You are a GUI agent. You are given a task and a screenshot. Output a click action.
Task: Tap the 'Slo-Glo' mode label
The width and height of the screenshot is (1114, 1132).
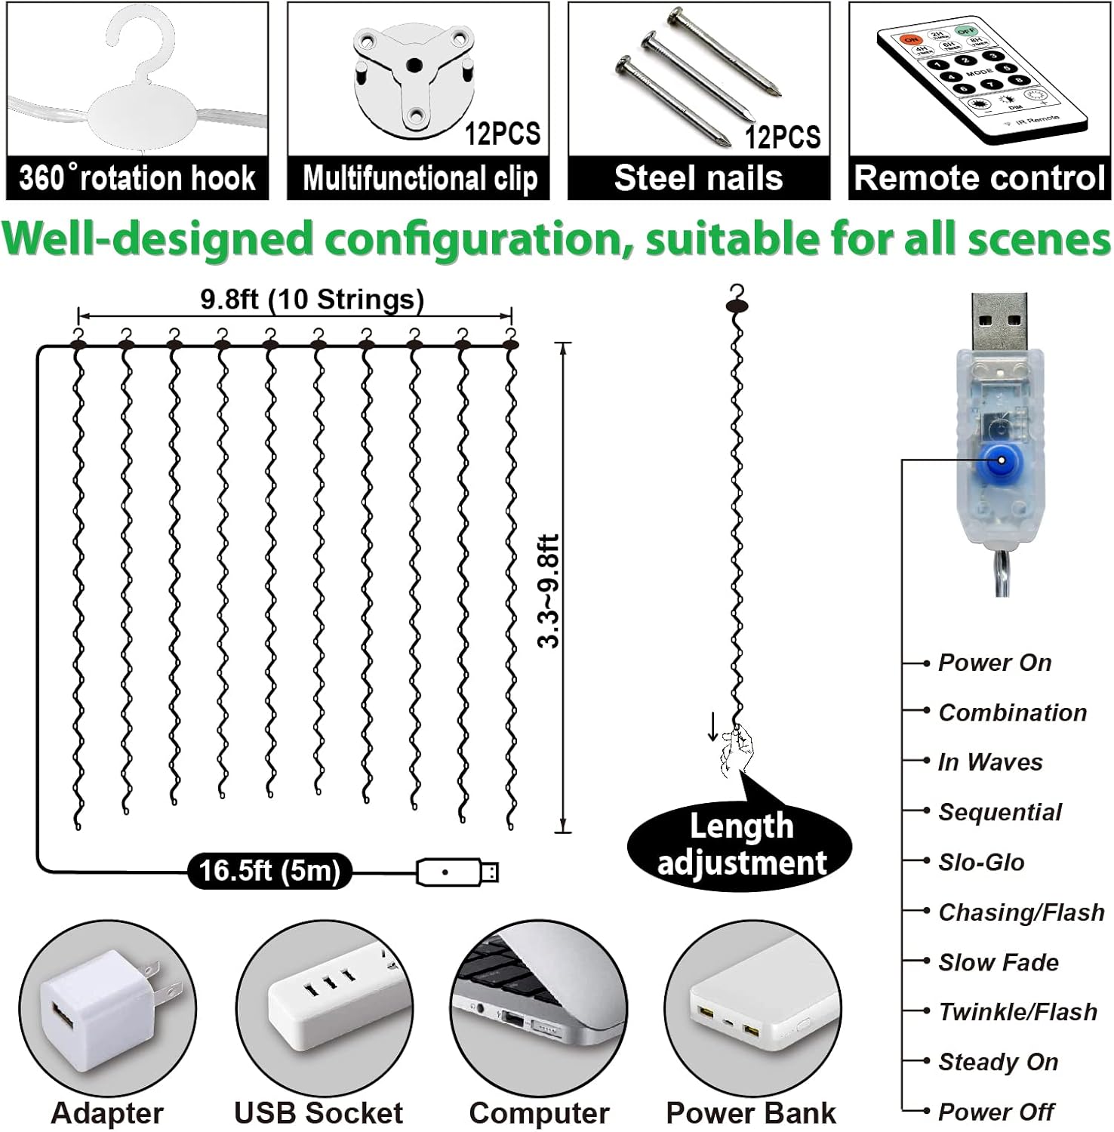pyautogui.click(x=981, y=862)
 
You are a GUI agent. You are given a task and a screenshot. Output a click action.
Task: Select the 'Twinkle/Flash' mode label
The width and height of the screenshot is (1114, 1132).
pyautogui.click(x=1017, y=1011)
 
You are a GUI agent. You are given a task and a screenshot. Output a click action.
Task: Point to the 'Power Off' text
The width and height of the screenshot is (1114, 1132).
pyautogui.click(x=996, y=1111)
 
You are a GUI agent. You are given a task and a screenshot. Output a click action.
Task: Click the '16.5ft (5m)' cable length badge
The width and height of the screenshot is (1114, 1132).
pyautogui.click(x=269, y=871)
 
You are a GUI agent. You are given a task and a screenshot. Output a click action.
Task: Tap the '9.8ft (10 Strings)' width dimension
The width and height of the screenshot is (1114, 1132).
pyautogui.click(x=312, y=300)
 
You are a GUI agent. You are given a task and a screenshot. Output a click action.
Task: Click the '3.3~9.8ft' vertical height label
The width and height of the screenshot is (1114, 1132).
pyautogui.click(x=549, y=591)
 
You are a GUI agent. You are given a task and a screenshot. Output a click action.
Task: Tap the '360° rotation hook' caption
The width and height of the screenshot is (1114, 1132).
pyautogui.click(x=137, y=179)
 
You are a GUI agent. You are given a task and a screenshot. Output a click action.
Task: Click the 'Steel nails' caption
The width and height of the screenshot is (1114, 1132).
pyautogui.click(x=698, y=179)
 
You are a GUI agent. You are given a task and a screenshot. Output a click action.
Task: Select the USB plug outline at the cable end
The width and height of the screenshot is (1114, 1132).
pyautogui.click(x=457, y=872)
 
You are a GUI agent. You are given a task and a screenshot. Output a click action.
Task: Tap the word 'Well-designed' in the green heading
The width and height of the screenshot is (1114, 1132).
pyautogui.click(x=156, y=239)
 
